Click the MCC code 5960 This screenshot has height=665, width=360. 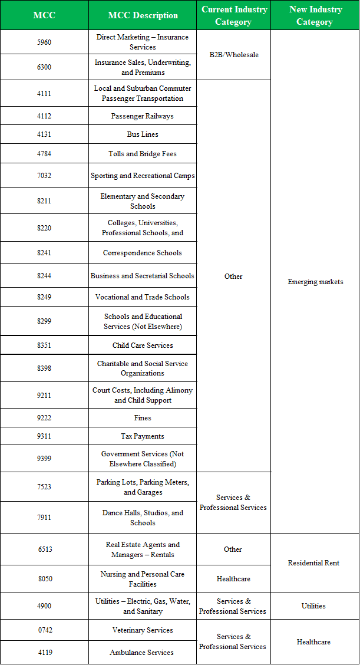click(44, 42)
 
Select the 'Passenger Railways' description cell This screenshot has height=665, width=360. click(143, 116)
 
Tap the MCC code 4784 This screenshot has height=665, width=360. click(44, 154)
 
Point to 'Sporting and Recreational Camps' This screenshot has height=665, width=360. click(143, 176)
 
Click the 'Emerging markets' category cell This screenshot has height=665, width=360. click(315, 282)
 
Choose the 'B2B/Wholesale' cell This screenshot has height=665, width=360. click(233, 55)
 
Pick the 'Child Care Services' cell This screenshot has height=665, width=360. click(143, 345)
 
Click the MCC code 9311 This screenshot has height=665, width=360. click(44, 436)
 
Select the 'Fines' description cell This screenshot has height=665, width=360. click(143, 418)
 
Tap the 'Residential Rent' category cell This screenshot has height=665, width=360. click(313, 563)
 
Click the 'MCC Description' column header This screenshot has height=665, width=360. click(143, 15)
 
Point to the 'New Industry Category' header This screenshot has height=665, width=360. click(315, 15)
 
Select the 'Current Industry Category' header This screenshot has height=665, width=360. click(234, 15)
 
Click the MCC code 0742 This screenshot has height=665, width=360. click(45, 630)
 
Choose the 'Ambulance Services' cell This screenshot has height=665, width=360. click(143, 653)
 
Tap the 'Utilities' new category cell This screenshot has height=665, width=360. click(313, 606)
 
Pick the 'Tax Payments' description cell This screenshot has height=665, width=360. click(143, 436)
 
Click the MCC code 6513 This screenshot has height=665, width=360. click(45, 549)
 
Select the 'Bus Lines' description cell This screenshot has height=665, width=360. click(143, 134)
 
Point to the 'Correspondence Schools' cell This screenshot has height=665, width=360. click(143, 253)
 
